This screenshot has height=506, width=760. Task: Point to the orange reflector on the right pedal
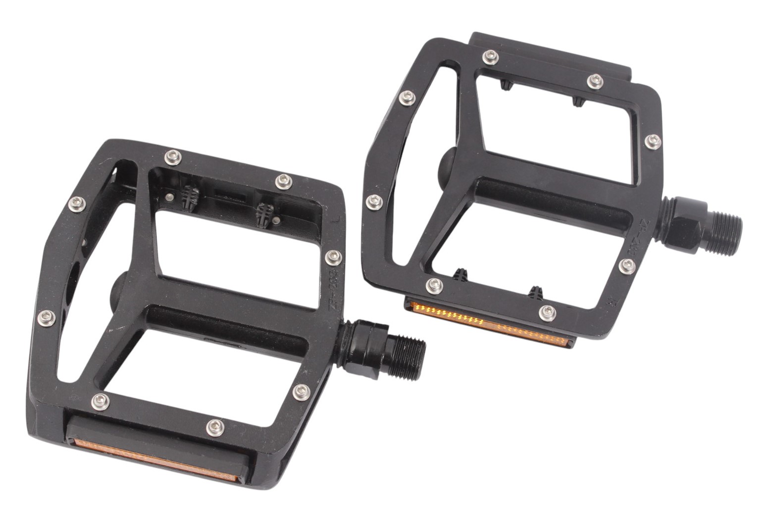pyautogui.click(x=490, y=324)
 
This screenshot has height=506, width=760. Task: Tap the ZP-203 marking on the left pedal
pyautogui.click(x=335, y=290)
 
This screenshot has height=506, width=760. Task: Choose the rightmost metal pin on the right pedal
pyautogui.click(x=653, y=141)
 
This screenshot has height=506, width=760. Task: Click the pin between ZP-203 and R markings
pyautogui.click(x=627, y=265)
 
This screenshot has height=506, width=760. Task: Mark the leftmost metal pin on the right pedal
pyautogui.click(x=374, y=202)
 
